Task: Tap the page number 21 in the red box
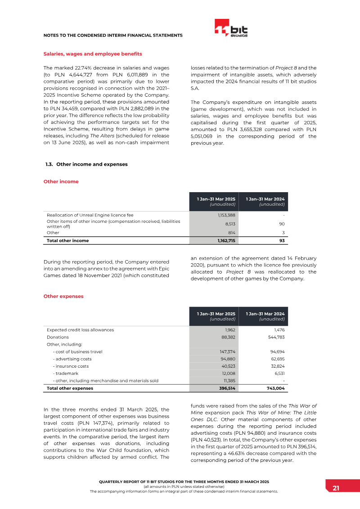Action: click(x=336, y=488)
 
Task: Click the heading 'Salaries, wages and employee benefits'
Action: click(x=92, y=54)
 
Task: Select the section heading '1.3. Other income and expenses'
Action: click(x=85, y=164)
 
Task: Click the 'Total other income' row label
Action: click(x=67, y=241)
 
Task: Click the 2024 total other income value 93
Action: click(x=281, y=241)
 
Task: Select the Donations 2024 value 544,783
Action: click(x=275, y=337)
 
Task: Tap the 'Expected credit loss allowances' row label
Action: click(x=80, y=330)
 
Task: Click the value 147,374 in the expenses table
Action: click(x=226, y=351)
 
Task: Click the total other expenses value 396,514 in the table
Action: click(x=225, y=388)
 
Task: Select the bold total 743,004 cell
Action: click(x=274, y=388)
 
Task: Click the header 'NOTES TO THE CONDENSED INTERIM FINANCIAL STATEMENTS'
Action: click(x=112, y=35)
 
